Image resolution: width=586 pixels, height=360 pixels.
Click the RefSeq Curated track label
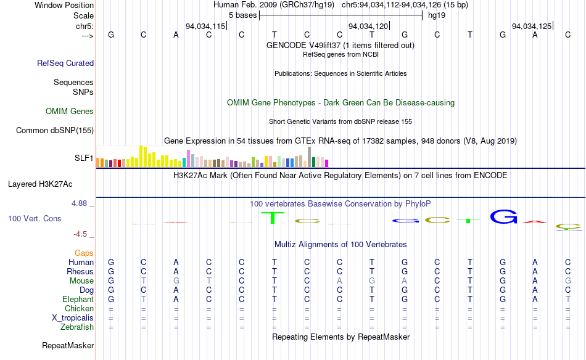coord(65,63)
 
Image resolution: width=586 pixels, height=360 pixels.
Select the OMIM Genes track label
coord(70,112)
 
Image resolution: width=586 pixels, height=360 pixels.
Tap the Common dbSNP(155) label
coord(55,130)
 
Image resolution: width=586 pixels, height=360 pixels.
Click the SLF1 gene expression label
coord(84,158)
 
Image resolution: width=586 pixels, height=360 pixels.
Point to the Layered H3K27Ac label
coord(40,184)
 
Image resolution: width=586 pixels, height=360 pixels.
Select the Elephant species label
coord(78,300)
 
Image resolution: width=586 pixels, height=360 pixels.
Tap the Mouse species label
coord(81,281)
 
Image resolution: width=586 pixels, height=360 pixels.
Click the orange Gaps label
coord(84,253)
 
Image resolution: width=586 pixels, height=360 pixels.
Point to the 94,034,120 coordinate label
coord(368,26)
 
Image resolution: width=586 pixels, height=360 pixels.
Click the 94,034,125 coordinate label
coord(532,26)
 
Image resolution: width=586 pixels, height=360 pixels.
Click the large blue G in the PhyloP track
coord(503,217)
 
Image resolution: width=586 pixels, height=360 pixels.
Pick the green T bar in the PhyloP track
coord(271,218)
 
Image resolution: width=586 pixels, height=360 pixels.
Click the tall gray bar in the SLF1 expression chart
coord(309,157)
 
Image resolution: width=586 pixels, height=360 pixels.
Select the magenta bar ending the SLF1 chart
coord(327,163)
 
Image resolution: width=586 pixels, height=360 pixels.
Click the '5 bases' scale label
coord(241,15)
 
